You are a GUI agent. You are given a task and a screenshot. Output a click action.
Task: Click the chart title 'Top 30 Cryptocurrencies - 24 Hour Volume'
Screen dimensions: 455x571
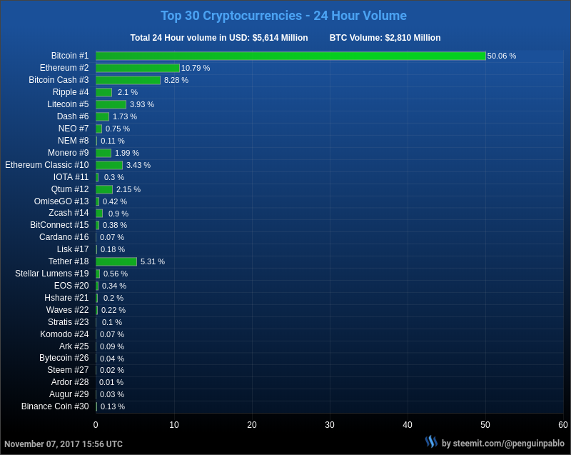pyautogui.click(x=283, y=16)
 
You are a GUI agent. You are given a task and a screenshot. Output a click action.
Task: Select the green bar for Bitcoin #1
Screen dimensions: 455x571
pyautogui.click(x=290, y=56)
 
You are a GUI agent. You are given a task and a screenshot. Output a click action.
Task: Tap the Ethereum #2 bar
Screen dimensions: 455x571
pyautogui.click(x=138, y=68)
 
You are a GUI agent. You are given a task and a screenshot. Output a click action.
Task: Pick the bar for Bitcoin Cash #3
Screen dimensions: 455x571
pyautogui.click(x=128, y=80)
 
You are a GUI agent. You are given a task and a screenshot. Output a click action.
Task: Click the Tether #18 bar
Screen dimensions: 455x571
pyautogui.click(x=116, y=261)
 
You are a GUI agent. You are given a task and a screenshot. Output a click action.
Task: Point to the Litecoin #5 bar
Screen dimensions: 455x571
pyautogui.click(x=111, y=104)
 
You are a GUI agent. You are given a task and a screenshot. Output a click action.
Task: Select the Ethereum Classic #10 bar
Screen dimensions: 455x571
pyautogui.click(x=109, y=165)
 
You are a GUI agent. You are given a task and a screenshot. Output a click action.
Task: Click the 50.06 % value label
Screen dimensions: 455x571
pyautogui.click(x=502, y=56)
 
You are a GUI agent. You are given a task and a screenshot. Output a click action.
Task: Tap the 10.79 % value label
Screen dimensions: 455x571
pyautogui.click(x=196, y=68)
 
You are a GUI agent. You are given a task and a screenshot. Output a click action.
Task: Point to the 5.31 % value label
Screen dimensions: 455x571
pyautogui.click(x=153, y=261)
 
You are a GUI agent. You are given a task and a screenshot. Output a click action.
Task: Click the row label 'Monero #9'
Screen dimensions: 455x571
pyautogui.click(x=69, y=153)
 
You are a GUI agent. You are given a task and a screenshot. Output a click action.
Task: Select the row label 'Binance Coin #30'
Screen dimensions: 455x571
pyautogui.click(x=55, y=406)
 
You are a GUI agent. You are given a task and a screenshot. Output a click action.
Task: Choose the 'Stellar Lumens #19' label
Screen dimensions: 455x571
pyautogui.click(x=52, y=274)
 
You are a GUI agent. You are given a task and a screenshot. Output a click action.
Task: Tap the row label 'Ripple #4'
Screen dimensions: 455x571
pyautogui.click(x=71, y=92)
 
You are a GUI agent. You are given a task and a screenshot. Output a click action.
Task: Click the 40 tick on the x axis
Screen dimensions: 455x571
pyautogui.click(x=408, y=425)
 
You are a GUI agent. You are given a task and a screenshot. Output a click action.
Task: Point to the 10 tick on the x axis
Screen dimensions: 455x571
pyautogui.click(x=174, y=425)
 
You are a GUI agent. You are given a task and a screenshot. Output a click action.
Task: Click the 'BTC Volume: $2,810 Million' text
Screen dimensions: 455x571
pyautogui.click(x=385, y=38)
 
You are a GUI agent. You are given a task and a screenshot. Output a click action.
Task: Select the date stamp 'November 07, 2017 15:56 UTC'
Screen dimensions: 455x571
pyautogui.click(x=64, y=444)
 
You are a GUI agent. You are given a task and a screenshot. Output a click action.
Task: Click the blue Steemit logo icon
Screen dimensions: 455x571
pyautogui.click(x=431, y=442)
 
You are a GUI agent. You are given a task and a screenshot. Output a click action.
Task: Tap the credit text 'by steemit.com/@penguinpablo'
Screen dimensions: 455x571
pyautogui.click(x=502, y=444)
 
